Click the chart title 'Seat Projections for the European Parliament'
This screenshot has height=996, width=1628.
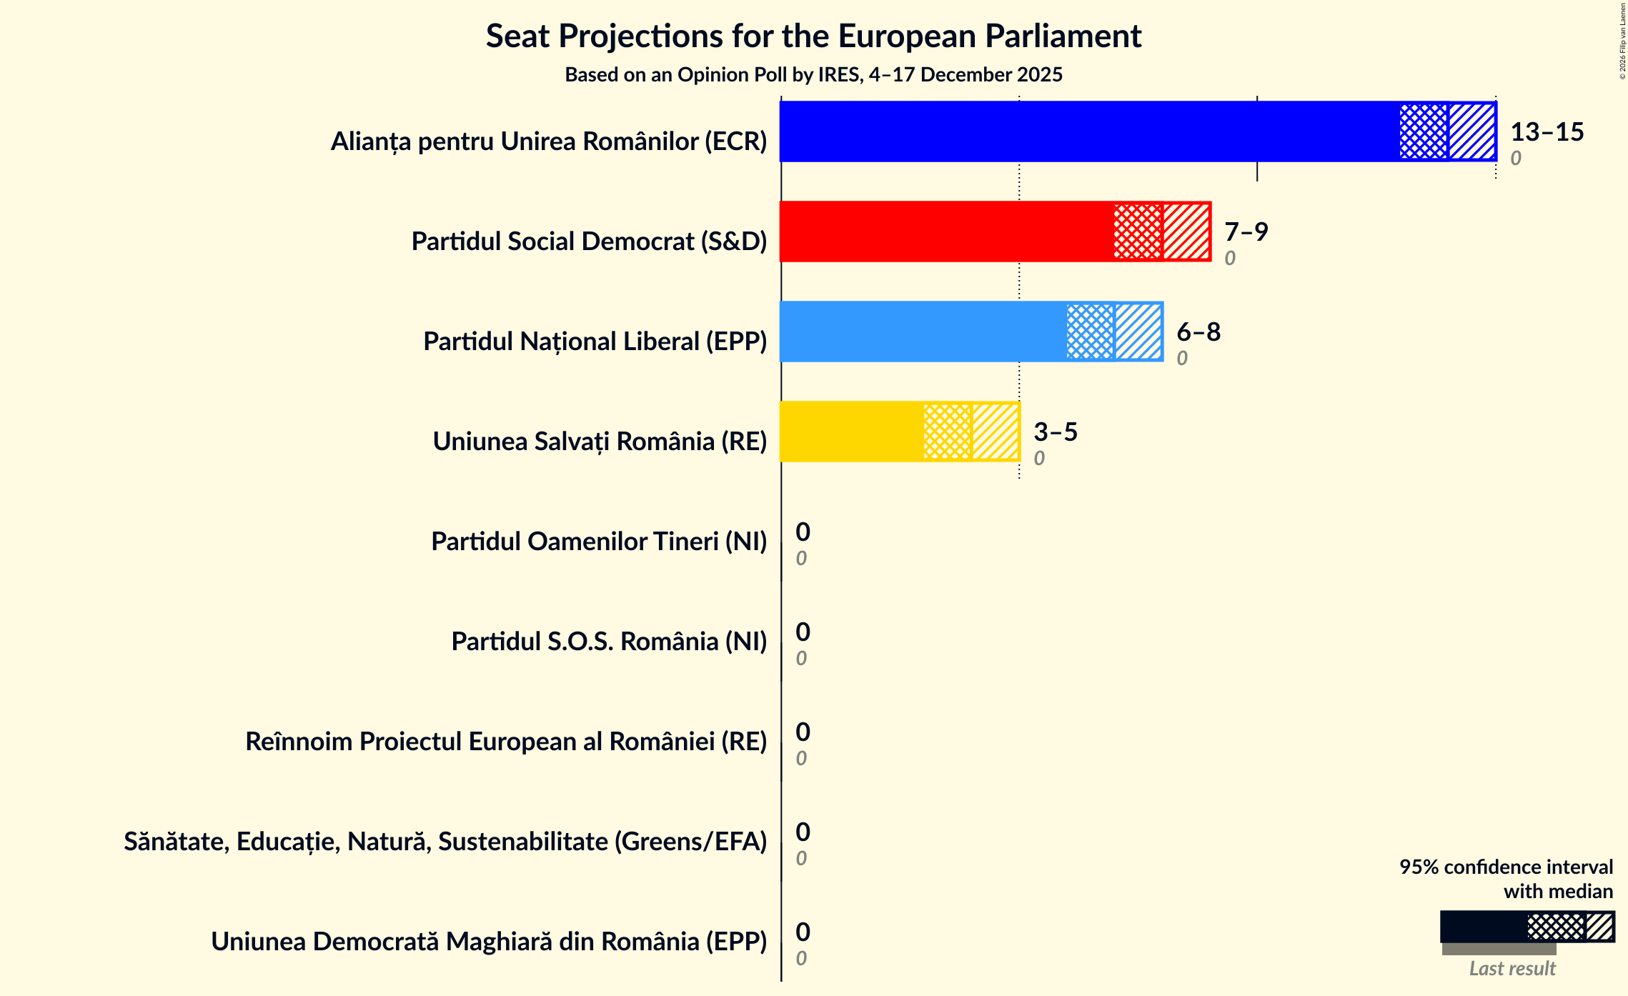813,36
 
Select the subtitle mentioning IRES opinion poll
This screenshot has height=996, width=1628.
813,75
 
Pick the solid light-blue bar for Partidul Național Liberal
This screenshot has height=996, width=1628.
922,332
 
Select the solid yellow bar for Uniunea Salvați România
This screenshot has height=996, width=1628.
850,432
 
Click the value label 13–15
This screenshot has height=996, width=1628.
1547,132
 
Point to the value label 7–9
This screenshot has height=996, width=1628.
1246,232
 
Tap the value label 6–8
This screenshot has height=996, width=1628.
1198,332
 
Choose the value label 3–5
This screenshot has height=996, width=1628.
1055,432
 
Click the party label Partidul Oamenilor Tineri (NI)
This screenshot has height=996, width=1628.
598,542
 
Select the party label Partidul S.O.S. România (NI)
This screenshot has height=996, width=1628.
608,642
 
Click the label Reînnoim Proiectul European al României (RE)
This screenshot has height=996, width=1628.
505,742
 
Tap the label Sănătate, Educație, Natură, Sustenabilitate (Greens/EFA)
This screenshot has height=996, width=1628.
445,842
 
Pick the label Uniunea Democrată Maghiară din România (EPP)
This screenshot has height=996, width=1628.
488,942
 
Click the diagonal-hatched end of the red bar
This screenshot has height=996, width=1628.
1186,231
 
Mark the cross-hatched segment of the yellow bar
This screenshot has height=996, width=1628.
947,432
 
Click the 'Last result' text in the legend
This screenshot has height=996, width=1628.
1512,969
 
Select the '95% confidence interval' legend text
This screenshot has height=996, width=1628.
1506,867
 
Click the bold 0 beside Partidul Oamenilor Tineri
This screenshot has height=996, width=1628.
803,532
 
